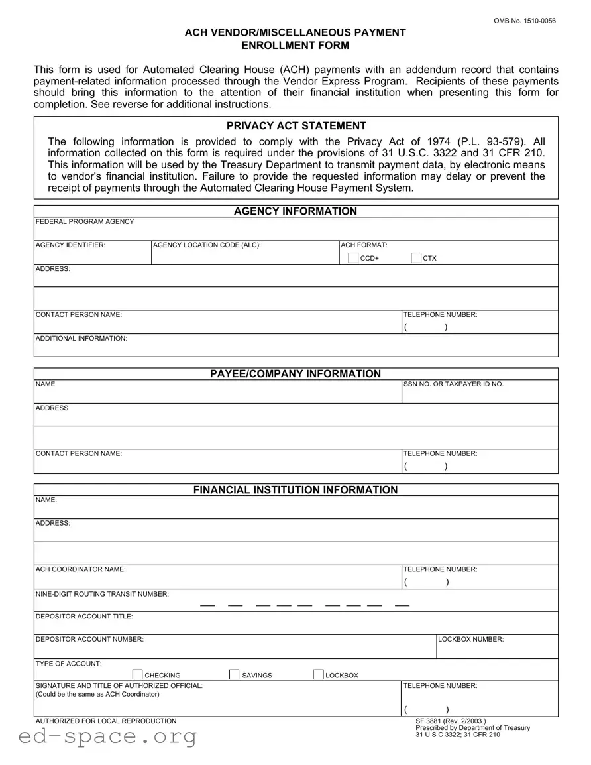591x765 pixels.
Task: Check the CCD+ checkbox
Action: [x=353, y=258]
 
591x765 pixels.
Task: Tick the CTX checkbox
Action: [x=416, y=258]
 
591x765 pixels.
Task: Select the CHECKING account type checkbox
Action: [x=138, y=675]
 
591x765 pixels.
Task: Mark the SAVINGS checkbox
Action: [x=234, y=675]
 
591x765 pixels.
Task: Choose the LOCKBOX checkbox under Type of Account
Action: [x=319, y=675]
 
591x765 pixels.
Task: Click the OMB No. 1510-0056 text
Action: [x=525, y=21]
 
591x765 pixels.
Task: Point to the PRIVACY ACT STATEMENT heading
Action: [x=296, y=126]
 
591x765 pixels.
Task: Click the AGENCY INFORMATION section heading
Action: [x=295, y=211]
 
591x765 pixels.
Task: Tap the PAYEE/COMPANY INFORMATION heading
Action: [x=295, y=374]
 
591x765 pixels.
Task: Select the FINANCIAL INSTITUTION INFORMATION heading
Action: [x=295, y=490]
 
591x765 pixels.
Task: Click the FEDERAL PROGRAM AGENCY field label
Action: [x=85, y=221]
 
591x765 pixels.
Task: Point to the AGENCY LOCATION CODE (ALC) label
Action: [x=207, y=245]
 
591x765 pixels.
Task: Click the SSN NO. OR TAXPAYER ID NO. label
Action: [x=453, y=384]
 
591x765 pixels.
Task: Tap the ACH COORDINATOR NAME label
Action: [x=80, y=569]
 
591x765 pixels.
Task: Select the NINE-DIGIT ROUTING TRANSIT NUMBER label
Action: [x=102, y=594]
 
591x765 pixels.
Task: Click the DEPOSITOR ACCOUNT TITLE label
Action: [x=84, y=617]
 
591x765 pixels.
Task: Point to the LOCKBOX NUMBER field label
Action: [x=470, y=640]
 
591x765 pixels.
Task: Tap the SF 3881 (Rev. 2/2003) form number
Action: [x=451, y=721]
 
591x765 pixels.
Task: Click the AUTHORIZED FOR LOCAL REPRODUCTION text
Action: [x=106, y=721]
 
